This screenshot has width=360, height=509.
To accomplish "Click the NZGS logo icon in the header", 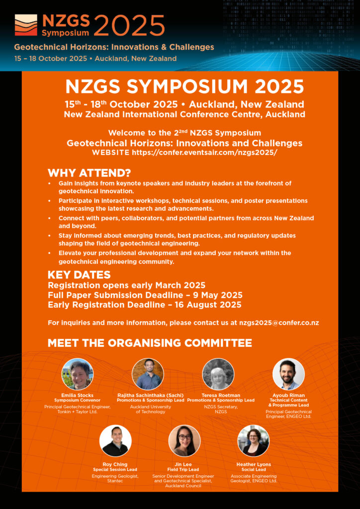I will click(26, 25).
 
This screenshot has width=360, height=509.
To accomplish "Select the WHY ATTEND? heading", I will click(89, 173).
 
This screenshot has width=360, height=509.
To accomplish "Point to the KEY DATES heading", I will click(79, 275).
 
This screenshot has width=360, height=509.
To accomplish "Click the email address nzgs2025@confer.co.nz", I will click(279, 323).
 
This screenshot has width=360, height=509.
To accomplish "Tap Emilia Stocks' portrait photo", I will click(77, 374).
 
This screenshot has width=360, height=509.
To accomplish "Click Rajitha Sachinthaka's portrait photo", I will click(148, 374).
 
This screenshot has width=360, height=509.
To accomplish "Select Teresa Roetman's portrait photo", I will click(218, 374).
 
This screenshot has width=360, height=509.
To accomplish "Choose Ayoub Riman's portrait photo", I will click(288, 374).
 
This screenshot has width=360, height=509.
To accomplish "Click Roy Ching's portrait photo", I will click(115, 441).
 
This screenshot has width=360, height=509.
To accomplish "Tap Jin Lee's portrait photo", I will click(184, 441).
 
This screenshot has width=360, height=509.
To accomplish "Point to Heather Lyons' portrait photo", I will click(253, 441).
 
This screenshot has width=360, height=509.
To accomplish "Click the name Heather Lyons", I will click(254, 464).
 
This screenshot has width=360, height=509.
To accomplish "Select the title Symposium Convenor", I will click(77, 400).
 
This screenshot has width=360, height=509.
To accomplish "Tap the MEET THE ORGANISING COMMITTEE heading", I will click(150, 343).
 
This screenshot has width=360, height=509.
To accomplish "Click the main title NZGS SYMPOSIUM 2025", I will click(184, 86).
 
